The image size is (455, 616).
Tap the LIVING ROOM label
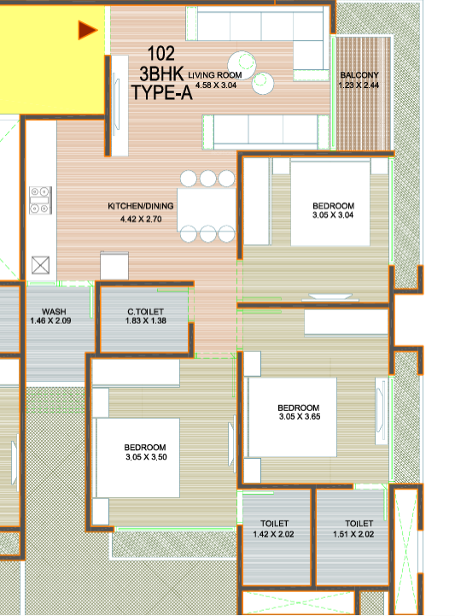[215, 75]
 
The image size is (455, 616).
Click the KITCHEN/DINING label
[141, 207]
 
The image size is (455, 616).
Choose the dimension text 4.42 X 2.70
[141, 220]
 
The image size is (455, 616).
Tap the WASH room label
[55, 312]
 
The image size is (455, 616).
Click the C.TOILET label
[145, 312]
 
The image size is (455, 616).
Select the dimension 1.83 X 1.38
[145, 321]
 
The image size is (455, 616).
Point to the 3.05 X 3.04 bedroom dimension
[333, 216]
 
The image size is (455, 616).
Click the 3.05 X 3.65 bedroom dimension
[299, 417]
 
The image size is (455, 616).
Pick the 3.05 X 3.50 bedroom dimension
[145, 457]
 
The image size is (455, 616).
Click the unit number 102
[161, 53]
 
